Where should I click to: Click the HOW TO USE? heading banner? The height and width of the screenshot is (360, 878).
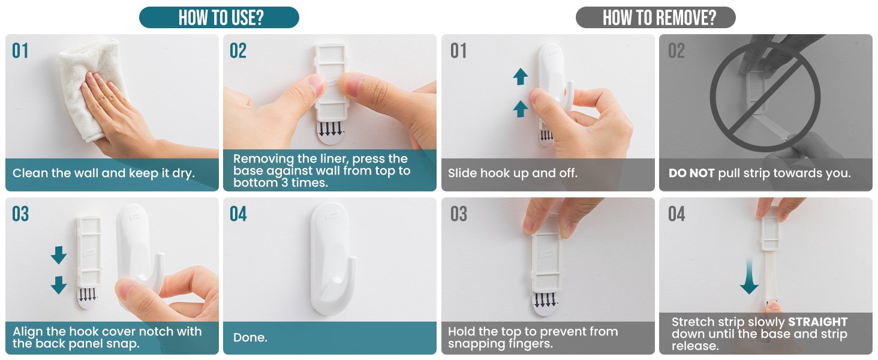(219, 17)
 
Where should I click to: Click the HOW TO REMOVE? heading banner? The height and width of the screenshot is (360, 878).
(656, 17)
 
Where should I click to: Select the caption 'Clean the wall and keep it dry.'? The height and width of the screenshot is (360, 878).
(103, 173)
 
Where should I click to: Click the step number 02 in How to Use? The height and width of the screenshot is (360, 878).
(238, 51)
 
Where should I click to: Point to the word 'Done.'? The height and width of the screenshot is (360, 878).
(250, 337)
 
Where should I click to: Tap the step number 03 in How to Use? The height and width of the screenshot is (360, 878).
(20, 214)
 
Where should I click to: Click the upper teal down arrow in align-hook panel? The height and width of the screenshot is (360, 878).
(59, 255)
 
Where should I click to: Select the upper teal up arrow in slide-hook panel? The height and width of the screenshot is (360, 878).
(521, 77)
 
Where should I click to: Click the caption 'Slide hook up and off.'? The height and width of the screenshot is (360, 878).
(512, 173)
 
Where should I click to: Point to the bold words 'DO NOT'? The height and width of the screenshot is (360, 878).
(691, 173)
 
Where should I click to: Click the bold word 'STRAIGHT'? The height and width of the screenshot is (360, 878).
(817, 322)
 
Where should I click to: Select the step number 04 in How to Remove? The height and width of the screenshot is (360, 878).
(676, 214)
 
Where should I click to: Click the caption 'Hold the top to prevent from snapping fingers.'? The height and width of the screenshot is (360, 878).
(533, 337)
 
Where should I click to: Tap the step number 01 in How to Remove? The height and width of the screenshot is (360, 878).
(459, 51)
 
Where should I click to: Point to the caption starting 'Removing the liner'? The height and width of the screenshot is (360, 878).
(322, 170)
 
